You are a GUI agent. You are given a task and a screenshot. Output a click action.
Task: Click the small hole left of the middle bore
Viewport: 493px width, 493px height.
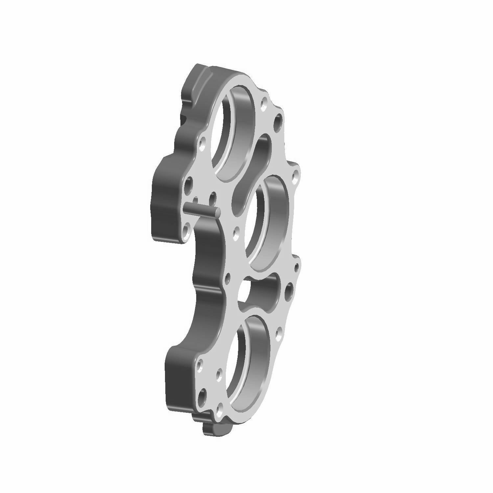[236, 232]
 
